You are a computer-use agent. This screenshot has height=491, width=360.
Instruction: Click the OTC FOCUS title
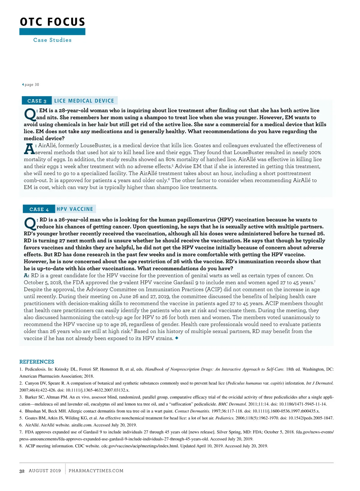52,22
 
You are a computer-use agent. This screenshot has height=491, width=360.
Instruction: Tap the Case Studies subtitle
52,40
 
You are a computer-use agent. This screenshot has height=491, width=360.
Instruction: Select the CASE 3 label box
37,101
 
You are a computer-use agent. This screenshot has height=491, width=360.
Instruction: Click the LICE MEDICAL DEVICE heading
84,101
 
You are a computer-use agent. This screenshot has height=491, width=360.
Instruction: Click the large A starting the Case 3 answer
29,149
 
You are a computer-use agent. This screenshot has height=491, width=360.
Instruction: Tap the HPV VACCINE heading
75,209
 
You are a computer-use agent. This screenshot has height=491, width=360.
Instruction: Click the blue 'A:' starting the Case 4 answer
27,275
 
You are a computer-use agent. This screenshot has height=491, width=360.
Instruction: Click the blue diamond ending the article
177,338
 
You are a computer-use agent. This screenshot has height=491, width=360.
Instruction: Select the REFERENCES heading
37,362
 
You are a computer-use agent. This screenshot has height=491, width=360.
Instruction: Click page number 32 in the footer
22,471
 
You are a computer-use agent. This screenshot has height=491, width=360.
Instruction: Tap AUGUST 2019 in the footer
45,471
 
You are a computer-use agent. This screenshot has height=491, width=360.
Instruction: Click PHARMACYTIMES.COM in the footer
96,471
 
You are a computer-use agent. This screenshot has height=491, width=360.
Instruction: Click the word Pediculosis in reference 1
36,369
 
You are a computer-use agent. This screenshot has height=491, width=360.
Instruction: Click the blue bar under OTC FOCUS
52,31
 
